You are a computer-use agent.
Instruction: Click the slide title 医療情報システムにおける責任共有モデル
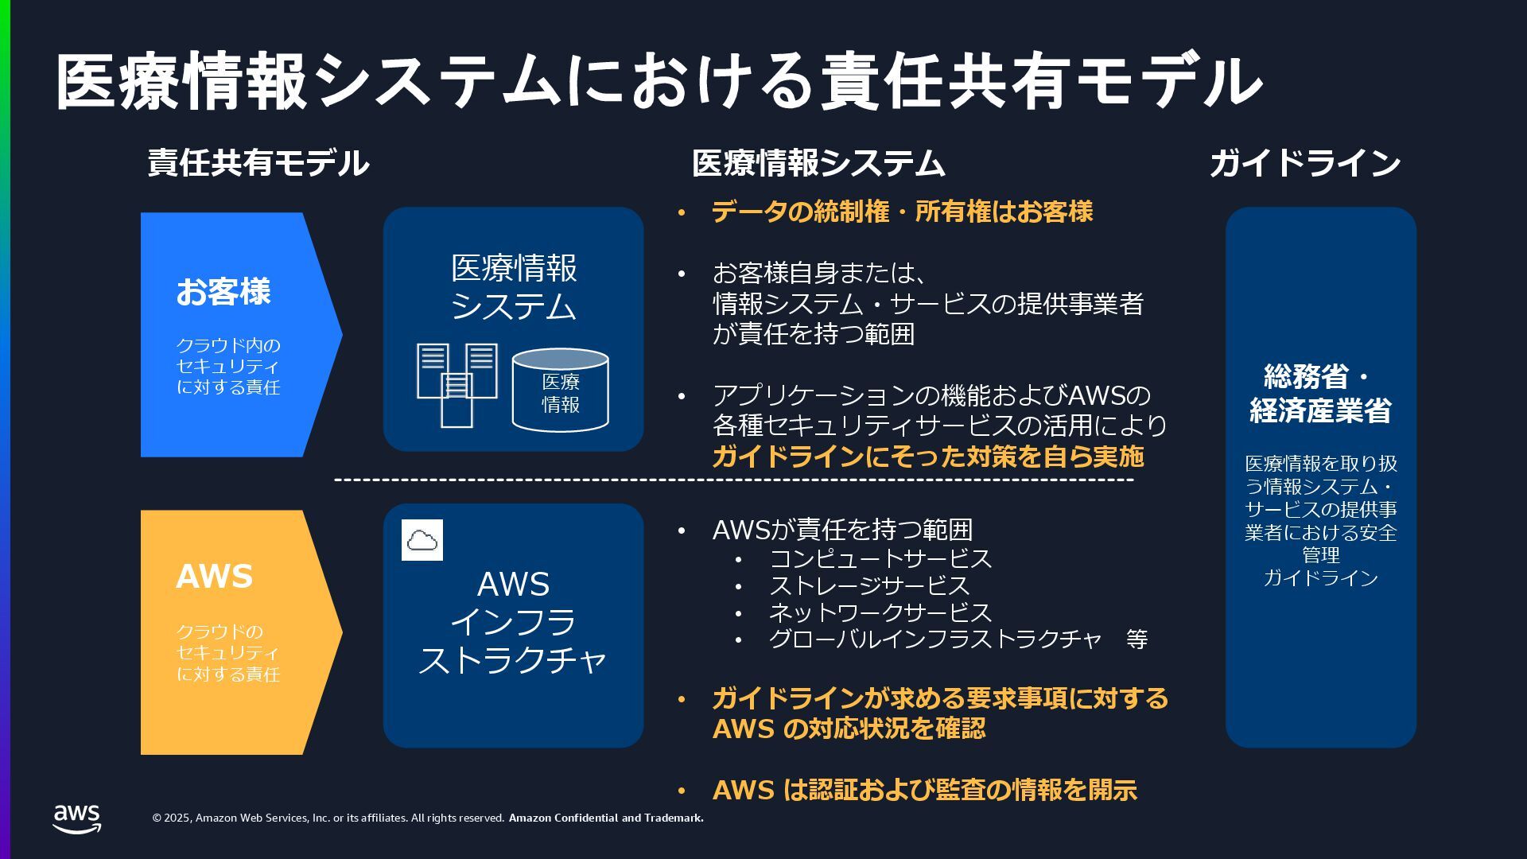pyautogui.click(x=659, y=81)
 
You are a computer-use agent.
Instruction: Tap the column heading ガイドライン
pyautogui.click(x=1304, y=163)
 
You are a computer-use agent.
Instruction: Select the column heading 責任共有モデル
pyautogui.click(x=258, y=163)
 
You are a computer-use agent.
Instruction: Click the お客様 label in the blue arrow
pyautogui.click(x=223, y=292)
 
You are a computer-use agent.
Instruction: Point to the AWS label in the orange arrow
pyautogui.click(x=214, y=577)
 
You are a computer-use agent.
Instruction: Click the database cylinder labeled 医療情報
pyautogui.click(x=560, y=391)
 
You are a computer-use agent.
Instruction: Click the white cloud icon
pyautogui.click(x=422, y=540)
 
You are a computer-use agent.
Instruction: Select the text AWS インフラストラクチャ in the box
pyautogui.click(x=513, y=622)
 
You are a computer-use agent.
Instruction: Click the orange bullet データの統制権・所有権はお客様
pyautogui.click(x=902, y=212)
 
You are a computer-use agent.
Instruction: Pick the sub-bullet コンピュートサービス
pyautogui.click(x=880, y=558)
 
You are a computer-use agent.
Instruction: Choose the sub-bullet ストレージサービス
pyautogui.click(x=869, y=585)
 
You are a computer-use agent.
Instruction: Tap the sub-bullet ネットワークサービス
pyautogui.click(x=880, y=612)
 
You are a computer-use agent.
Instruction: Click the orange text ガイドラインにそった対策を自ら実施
pyautogui.click(x=927, y=457)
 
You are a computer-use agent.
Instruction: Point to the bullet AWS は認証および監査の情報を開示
pyautogui.click(x=924, y=790)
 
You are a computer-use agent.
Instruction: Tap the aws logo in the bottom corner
pyautogui.click(x=77, y=818)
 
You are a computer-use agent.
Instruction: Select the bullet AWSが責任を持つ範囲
pyautogui.click(x=842, y=530)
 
